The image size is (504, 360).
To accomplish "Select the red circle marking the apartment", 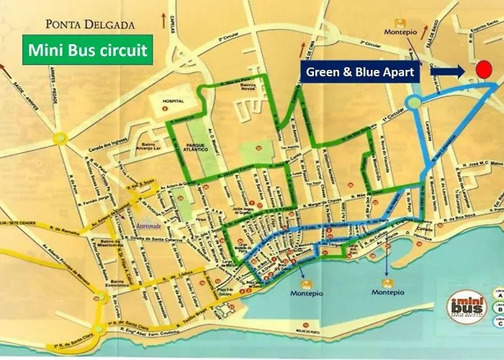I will (484, 70).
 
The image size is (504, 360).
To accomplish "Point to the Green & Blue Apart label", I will (360, 72).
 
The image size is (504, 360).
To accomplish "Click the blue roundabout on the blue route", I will (413, 104).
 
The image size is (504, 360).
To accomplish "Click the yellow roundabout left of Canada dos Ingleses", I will (58, 137).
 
